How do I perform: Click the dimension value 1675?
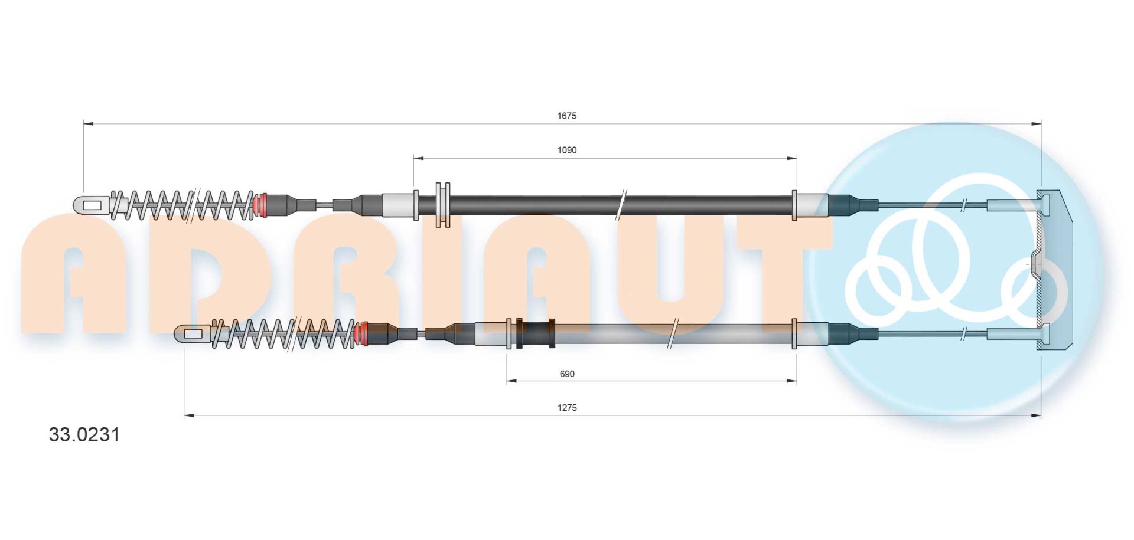tap(566, 116)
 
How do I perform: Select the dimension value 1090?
tap(566, 150)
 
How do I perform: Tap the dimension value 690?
tap(566, 374)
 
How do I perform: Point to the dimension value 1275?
tap(566, 408)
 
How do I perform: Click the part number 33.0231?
tap(84, 435)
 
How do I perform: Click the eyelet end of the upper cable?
tap(92, 205)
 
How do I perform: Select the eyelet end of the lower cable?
tap(193, 335)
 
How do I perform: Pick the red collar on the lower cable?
tap(361, 335)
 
